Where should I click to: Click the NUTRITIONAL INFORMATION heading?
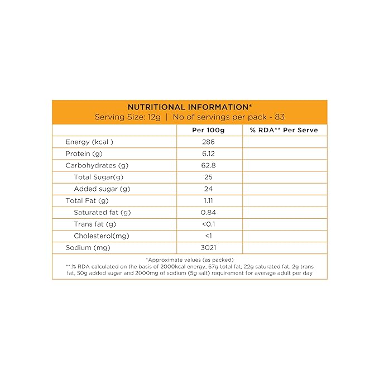click(190, 107)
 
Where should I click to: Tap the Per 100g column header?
click(208, 130)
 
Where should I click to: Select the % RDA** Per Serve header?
click(285, 130)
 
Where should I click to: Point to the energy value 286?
click(208, 142)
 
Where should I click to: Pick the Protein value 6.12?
click(208, 153)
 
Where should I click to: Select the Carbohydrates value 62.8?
click(208, 165)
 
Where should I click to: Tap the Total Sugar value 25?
click(208, 177)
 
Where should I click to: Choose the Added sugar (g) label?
click(102, 189)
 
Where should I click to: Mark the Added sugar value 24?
click(208, 189)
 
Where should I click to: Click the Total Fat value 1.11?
click(208, 200)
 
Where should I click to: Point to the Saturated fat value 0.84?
click(208, 212)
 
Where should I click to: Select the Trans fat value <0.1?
click(208, 224)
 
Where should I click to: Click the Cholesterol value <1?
click(208, 236)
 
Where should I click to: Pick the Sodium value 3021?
click(208, 247)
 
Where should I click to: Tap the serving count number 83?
click(279, 117)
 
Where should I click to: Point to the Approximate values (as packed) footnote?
click(189, 260)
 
